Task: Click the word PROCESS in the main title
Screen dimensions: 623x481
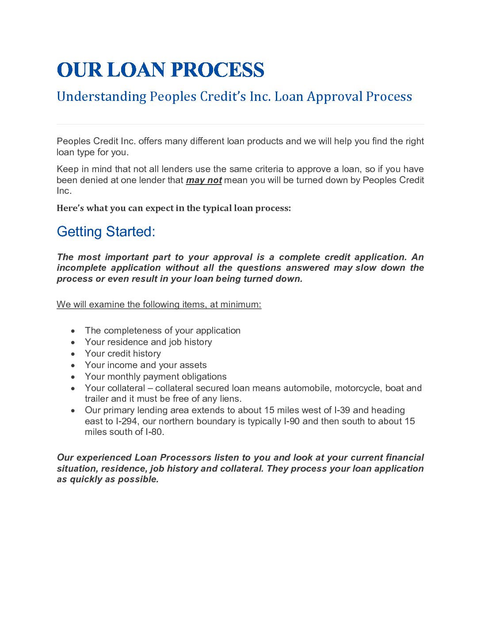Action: (x=217, y=70)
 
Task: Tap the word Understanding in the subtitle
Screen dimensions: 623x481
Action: (x=101, y=96)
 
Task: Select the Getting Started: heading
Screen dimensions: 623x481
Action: (x=106, y=231)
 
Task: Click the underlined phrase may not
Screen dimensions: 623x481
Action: (x=204, y=180)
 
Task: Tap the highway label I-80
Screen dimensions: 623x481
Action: (x=155, y=432)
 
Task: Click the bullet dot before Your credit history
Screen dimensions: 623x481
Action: (x=73, y=354)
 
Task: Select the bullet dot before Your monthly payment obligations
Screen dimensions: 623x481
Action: (x=73, y=377)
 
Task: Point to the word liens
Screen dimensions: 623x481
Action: (x=230, y=399)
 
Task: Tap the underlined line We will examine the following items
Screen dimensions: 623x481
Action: (x=159, y=304)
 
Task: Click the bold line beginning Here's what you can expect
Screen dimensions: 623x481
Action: (x=174, y=208)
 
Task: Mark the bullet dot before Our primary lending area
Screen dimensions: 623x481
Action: (x=73, y=411)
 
